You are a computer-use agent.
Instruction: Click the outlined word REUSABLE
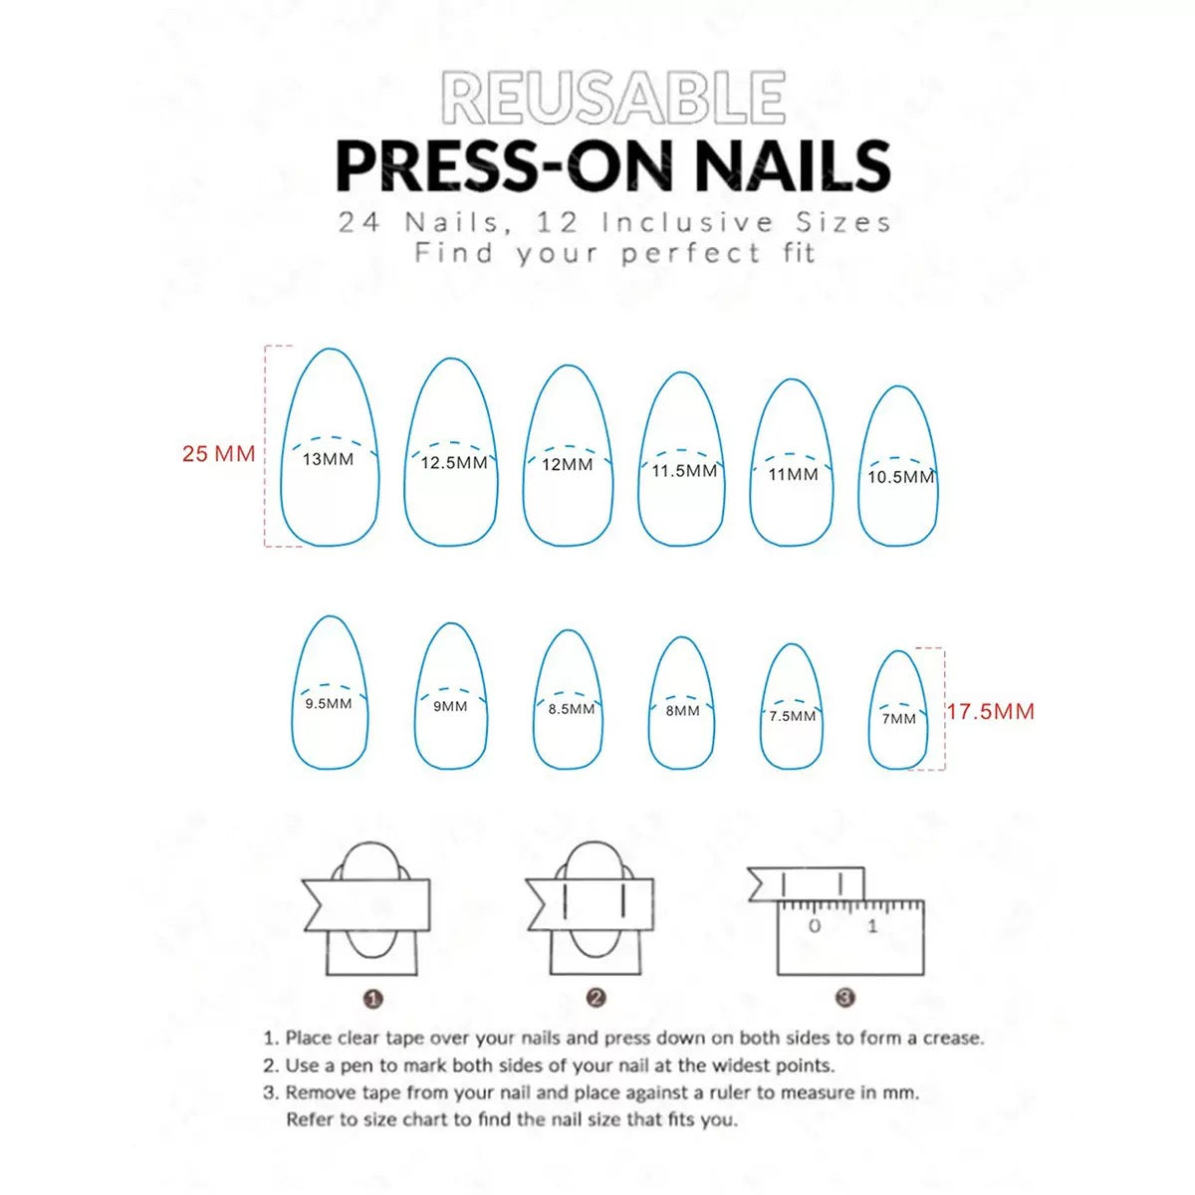click(612, 98)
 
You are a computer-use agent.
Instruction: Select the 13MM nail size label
click(328, 459)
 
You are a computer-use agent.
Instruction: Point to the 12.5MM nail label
click(454, 463)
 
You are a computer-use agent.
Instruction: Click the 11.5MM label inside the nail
click(684, 470)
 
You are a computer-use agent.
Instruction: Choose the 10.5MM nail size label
click(900, 477)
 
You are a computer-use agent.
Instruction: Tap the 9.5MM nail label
click(328, 704)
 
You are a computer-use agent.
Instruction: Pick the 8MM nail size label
click(682, 711)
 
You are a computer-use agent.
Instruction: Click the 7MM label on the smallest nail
click(898, 718)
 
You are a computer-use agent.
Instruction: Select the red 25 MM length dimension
click(218, 454)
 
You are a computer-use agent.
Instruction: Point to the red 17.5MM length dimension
click(990, 711)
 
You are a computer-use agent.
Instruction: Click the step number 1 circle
click(373, 998)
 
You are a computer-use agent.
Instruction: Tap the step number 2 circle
click(597, 998)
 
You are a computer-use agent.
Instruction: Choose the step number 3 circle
click(844, 998)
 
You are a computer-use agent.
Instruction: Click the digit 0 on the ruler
click(815, 926)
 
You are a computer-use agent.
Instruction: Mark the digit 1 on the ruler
click(872, 926)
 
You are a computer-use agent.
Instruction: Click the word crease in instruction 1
click(951, 1038)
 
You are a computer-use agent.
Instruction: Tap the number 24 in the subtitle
click(359, 222)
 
